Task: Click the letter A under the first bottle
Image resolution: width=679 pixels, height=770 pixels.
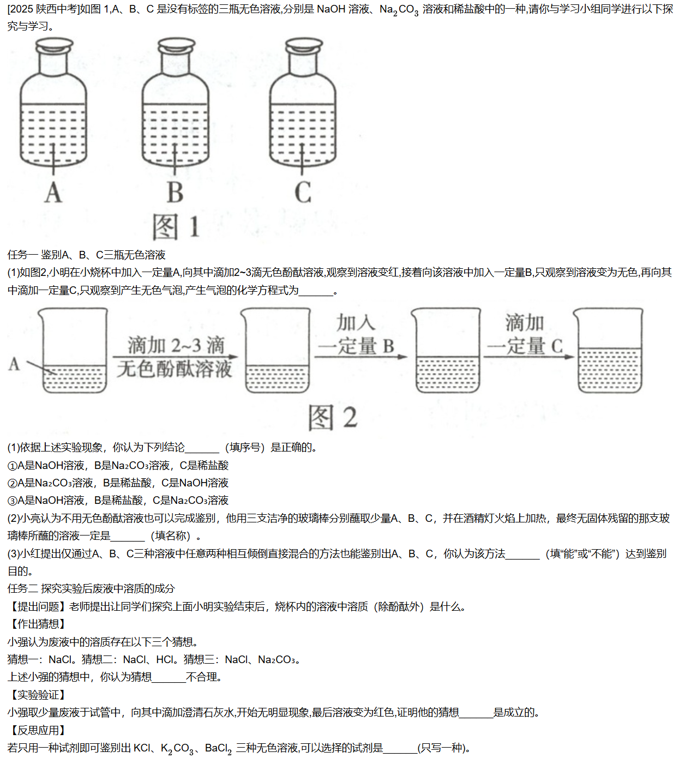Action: point(53,192)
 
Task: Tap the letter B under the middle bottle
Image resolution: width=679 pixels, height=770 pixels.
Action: point(175,192)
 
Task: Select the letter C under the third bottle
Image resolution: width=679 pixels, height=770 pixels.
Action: point(303,192)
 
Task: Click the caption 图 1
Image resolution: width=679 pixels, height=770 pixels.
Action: point(176,227)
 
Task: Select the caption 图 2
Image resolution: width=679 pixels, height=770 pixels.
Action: point(333,418)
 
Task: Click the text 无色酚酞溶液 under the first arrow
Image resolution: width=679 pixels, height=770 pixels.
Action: point(175,369)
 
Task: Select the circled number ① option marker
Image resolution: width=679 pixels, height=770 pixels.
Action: point(12,466)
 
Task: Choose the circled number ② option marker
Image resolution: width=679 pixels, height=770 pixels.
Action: point(12,483)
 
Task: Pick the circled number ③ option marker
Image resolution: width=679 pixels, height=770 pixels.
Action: point(12,501)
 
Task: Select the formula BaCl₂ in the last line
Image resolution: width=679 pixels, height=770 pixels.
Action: point(218,749)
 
